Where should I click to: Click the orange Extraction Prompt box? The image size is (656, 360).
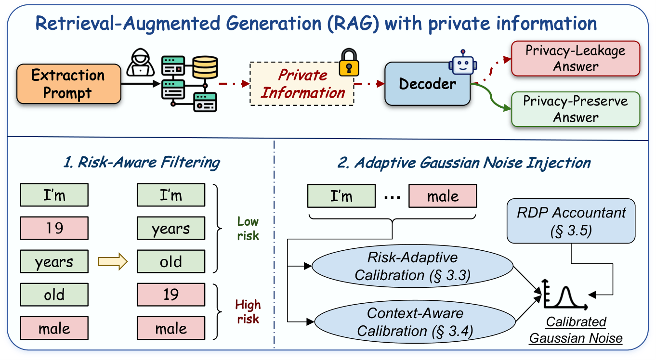[x=69, y=84]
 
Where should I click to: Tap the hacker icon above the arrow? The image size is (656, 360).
[x=141, y=63]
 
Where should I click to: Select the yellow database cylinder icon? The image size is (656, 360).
[x=205, y=67]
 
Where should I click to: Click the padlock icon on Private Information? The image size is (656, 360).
[x=349, y=63]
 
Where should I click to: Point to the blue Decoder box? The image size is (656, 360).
[x=427, y=84]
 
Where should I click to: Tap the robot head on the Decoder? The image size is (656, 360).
[x=463, y=63]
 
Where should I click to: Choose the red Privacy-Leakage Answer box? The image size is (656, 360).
[x=576, y=59]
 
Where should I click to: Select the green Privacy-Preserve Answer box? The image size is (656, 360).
[x=576, y=109]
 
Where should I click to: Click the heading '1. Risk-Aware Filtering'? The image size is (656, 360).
[x=142, y=163]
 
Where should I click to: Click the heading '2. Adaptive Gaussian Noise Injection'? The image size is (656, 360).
[x=464, y=163]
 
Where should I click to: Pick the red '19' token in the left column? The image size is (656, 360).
[x=54, y=228]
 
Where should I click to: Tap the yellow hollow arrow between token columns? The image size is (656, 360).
[x=113, y=261]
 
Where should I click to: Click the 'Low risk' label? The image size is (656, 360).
[x=248, y=229]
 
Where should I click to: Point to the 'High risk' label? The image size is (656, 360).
[x=248, y=312]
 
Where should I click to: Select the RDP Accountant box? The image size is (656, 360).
[x=571, y=221]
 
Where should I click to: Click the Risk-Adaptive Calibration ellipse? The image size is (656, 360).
[x=412, y=266]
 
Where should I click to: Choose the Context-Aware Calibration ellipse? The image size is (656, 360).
[x=415, y=322]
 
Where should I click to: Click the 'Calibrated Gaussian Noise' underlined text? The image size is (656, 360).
[x=576, y=330]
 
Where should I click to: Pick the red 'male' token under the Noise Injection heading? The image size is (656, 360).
[x=443, y=196]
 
